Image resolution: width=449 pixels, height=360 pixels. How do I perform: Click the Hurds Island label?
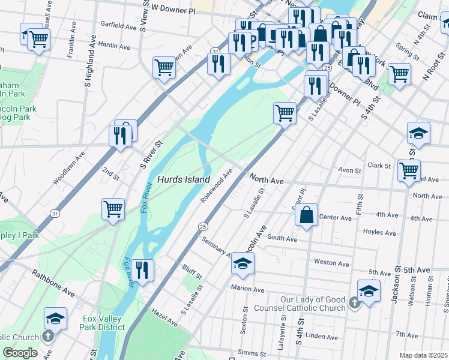pos(184,179)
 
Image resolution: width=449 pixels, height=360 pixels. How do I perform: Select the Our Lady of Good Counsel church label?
pos(313,304)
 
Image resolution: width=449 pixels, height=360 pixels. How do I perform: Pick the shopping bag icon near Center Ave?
pos(306,215)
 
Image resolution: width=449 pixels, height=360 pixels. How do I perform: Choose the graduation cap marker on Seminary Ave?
pos(243,264)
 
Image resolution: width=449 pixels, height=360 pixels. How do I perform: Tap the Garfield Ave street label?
pos(119,26)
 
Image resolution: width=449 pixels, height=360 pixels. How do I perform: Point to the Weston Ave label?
pos(331,263)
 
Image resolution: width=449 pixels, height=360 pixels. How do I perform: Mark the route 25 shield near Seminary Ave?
pos(203,226)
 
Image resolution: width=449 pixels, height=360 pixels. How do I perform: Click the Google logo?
pos(20,353)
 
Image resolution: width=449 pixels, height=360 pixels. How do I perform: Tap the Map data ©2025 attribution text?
pos(423,355)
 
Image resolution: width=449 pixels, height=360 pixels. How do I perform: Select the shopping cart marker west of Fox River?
pos(113,209)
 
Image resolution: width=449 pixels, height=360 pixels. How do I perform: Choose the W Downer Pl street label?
pos(173,8)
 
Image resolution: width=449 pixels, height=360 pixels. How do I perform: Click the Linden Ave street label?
pos(326,337)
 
